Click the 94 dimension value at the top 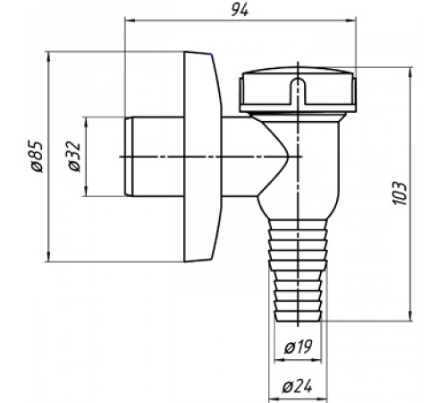(x=240, y=11)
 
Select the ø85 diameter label (x=38, y=157)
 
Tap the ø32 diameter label (x=75, y=156)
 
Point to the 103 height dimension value (x=400, y=193)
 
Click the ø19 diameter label (x=298, y=347)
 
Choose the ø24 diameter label (x=297, y=387)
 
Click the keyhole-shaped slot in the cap (x=298, y=91)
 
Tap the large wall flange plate (x=203, y=157)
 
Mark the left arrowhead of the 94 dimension (x=130, y=21)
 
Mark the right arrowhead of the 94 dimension (x=351, y=21)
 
